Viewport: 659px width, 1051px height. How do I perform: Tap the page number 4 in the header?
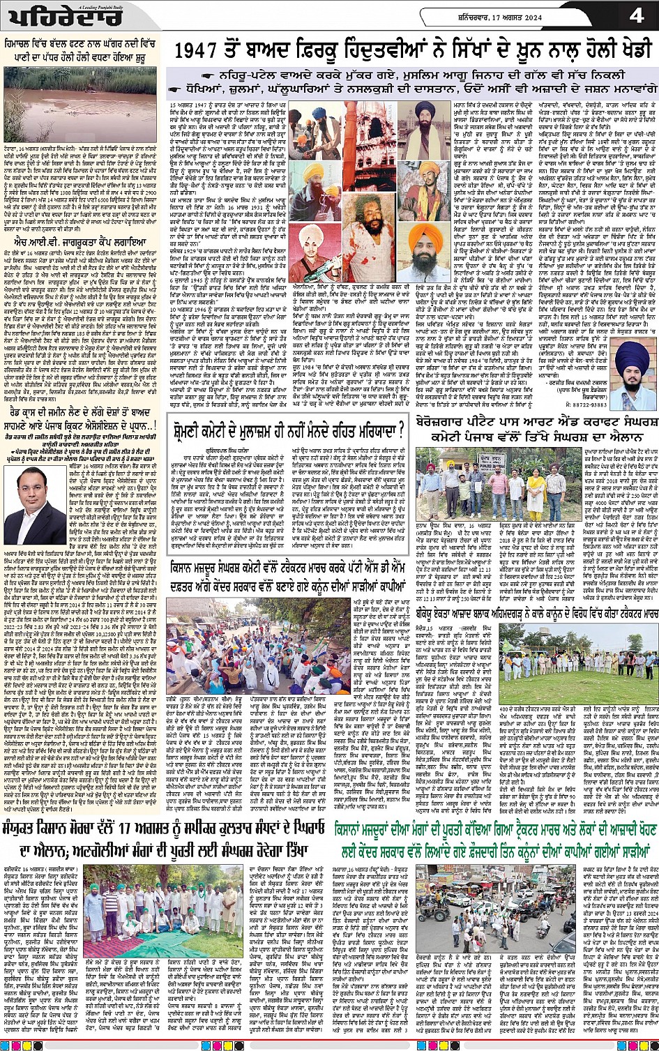(x=635, y=15)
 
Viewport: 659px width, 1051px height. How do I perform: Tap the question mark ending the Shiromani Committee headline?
(x=400, y=432)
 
